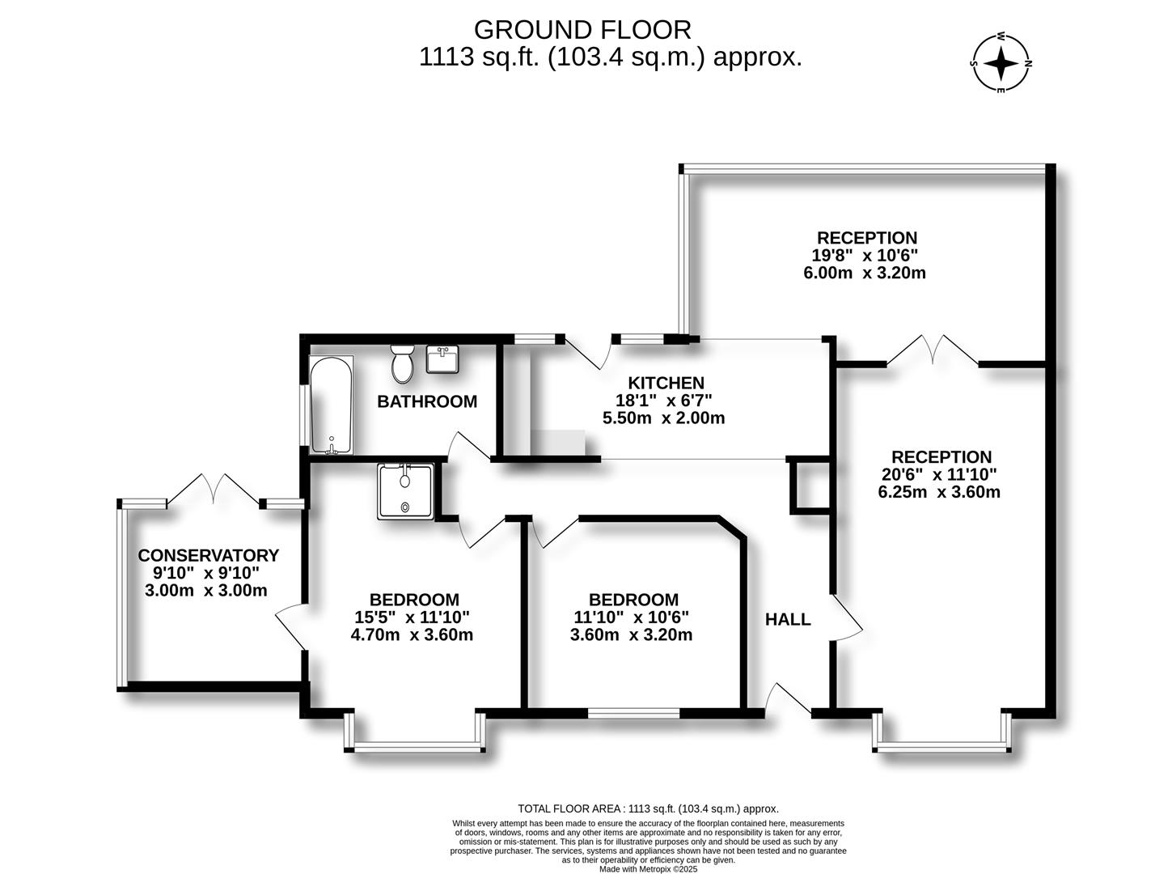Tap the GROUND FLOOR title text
[x=582, y=29]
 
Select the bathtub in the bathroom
[x=331, y=405]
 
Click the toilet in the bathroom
[x=402, y=364]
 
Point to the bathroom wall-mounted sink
[x=442, y=359]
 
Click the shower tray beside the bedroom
[x=405, y=491]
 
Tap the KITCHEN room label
[x=666, y=383]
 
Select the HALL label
[x=788, y=620]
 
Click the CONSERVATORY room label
[x=208, y=555]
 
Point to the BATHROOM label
[x=427, y=401]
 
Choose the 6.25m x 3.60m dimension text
[x=939, y=492]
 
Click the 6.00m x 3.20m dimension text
[x=864, y=273]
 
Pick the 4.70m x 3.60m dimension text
[x=412, y=634]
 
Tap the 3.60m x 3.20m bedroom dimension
[x=631, y=634]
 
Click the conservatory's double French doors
[x=214, y=490]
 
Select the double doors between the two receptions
[x=933, y=350]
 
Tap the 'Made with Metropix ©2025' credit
[x=648, y=869]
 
